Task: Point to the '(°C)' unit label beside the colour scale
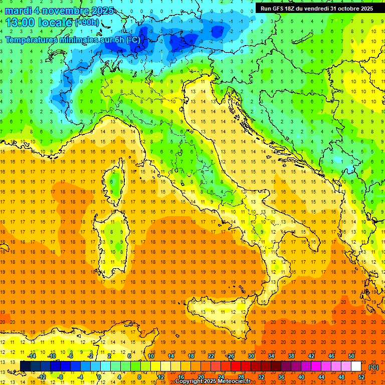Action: coord(373,366)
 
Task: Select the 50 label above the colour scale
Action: coord(351,356)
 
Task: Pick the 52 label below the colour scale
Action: coord(361,377)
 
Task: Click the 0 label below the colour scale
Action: coord(100,377)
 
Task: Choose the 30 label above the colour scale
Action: coord(251,356)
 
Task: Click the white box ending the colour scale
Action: coord(356,366)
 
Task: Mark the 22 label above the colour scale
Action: coord(211,356)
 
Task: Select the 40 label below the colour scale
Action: coord(301,377)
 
